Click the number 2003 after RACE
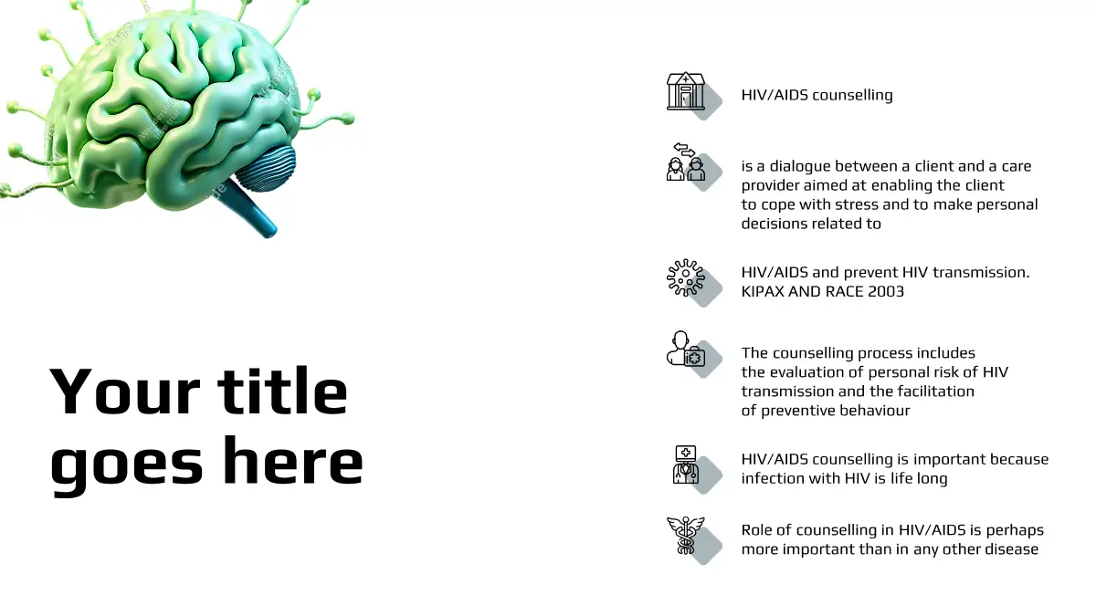click(x=886, y=291)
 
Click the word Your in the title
click(x=125, y=392)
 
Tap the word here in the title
click(x=293, y=461)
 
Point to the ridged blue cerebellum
click(x=267, y=166)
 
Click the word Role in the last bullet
click(x=760, y=530)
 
